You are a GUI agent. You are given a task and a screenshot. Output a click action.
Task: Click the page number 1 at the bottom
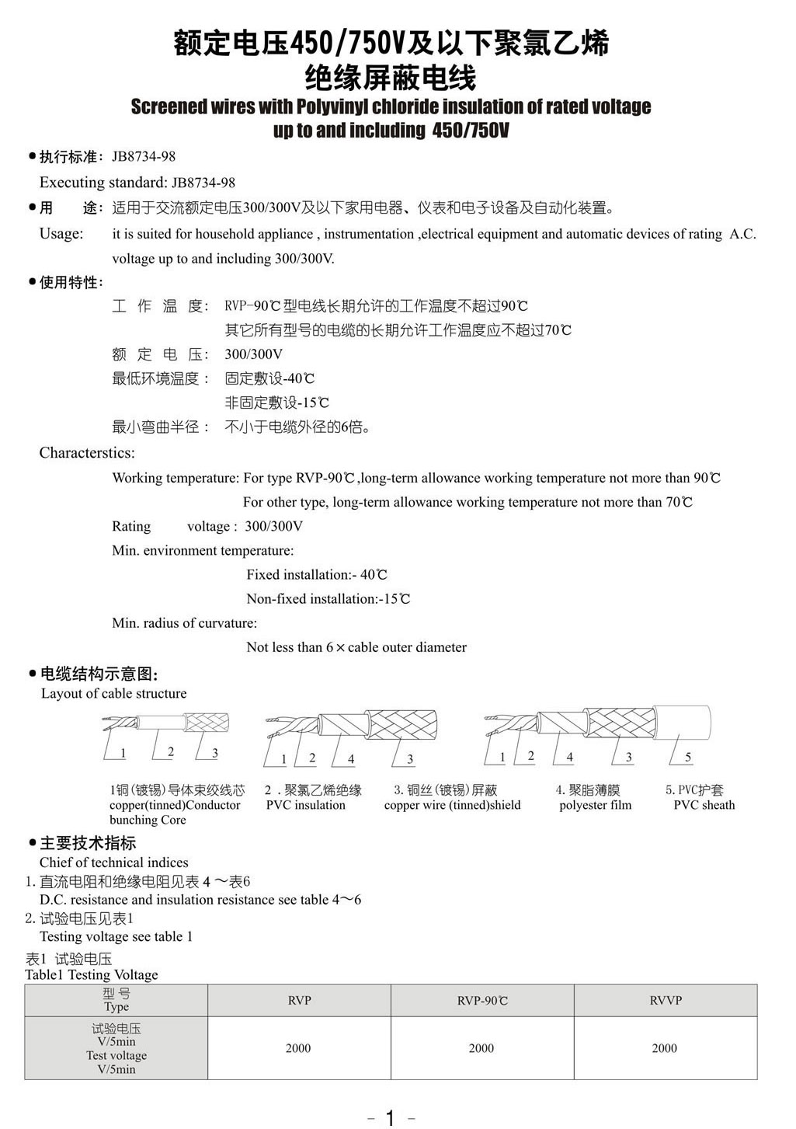click(x=390, y=1117)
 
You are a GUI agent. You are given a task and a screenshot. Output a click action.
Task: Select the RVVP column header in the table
click(x=666, y=1000)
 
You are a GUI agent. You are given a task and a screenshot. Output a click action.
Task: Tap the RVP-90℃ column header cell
click(x=481, y=1000)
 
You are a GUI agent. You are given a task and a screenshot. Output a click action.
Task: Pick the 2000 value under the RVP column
click(x=298, y=1048)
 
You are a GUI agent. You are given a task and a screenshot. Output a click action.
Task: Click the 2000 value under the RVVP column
click(x=665, y=1048)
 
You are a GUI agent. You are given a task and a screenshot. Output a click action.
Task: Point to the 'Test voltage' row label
click(x=116, y=1055)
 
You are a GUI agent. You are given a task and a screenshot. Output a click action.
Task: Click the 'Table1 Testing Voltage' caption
click(x=91, y=974)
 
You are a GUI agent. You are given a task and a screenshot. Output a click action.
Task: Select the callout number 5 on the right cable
click(x=688, y=757)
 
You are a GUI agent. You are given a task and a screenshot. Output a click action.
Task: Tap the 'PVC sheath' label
click(x=704, y=805)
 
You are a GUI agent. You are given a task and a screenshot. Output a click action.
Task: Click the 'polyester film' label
click(x=595, y=805)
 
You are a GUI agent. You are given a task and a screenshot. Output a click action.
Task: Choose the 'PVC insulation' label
click(x=305, y=805)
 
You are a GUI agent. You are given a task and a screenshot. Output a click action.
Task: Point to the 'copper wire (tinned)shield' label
click(x=452, y=805)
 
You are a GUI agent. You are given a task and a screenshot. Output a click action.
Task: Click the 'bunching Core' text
click(x=148, y=820)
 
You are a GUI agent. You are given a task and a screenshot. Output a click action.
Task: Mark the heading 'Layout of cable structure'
click(x=113, y=693)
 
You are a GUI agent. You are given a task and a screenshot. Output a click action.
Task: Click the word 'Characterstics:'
click(x=87, y=453)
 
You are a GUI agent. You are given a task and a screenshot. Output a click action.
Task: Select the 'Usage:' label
click(x=61, y=234)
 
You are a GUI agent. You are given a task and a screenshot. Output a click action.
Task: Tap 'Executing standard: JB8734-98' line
click(x=137, y=183)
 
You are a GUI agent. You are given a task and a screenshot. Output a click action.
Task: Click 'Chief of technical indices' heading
click(x=113, y=862)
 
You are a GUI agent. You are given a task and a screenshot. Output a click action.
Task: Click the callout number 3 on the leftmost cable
click(x=215, y=752)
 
